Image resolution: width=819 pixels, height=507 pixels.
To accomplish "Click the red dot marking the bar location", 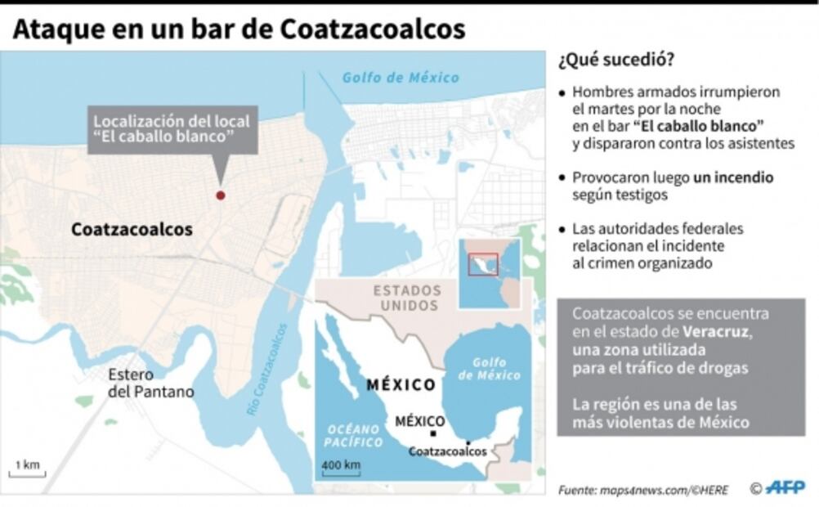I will (x=220, y=195).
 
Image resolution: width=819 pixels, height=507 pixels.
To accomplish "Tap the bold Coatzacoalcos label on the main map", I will (x=132, y=230).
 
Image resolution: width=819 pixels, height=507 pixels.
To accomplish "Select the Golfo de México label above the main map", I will (x=401, y=78).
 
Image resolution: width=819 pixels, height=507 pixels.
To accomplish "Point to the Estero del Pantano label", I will (x=150, y=383).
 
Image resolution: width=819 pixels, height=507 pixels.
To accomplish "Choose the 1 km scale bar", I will (x=27, y=470).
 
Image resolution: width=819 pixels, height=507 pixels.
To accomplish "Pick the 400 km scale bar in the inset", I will (x=342, y=469).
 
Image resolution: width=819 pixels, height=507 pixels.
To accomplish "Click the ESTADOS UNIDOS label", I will (x=406, y=298).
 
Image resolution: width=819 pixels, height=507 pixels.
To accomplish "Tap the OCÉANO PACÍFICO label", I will (x=355, y=436).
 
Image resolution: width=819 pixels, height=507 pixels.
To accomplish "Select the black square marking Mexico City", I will (x=433, y=433).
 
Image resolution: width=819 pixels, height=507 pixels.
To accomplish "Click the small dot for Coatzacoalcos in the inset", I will (x=468, y=442).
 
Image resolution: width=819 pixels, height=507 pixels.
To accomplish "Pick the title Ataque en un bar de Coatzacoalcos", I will (x=239, y=29).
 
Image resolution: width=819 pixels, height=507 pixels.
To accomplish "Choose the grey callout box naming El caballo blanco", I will (x=173, y=128).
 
